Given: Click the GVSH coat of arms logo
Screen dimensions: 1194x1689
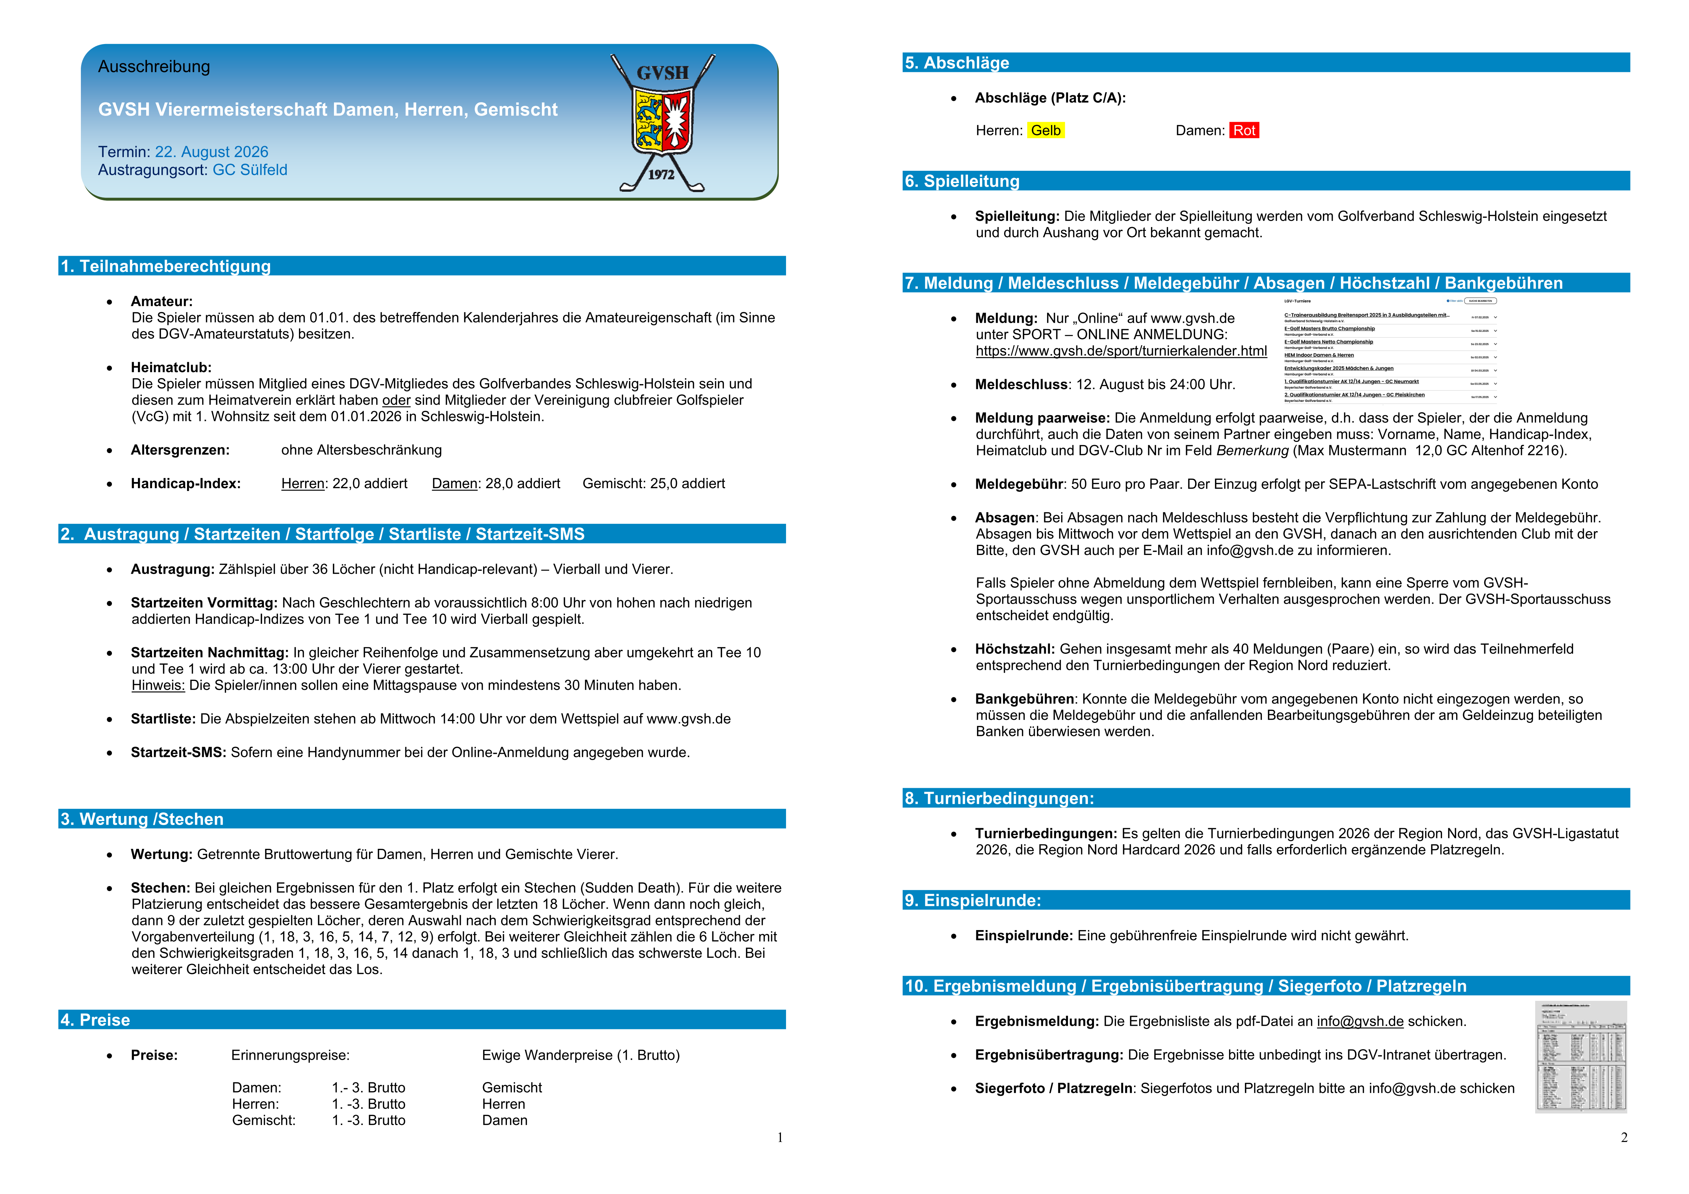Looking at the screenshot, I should point(662,121).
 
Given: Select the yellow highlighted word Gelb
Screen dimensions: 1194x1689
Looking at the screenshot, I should point(1045,130).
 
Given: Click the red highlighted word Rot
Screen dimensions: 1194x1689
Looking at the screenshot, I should point(1244,130).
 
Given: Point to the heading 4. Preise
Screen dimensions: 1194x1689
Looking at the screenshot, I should point(96,1020).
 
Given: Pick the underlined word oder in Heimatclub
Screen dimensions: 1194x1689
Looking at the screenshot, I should point(396,400).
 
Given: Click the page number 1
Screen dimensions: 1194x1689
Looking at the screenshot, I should point(780,1137).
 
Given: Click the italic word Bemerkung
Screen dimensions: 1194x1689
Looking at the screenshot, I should point(1252,450).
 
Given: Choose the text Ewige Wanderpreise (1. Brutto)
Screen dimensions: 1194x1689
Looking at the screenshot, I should point(581,1055).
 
